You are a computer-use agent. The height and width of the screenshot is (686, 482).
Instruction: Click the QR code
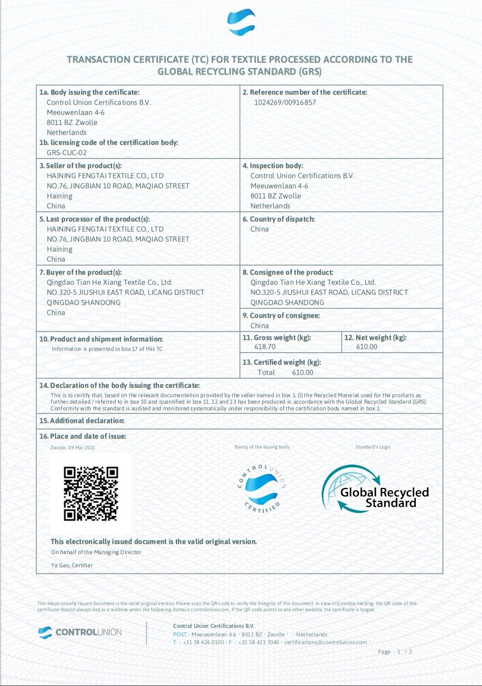click(x=91, y=493)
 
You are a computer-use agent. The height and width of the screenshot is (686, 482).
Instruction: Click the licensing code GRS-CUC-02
click(x=67, y=152)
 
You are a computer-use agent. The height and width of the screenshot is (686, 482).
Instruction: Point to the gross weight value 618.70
click(x=265, y=347)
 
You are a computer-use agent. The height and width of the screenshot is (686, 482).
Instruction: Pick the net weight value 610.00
click(x=366, y=347)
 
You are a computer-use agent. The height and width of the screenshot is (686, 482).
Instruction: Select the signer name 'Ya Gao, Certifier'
click(x=72, y=565)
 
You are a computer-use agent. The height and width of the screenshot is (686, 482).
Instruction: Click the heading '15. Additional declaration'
click(x=82, y=421)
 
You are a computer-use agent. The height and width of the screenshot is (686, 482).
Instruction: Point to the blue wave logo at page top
click(x=242, y=23)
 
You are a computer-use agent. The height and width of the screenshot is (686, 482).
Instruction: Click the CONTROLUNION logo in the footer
click(x=80, y=632)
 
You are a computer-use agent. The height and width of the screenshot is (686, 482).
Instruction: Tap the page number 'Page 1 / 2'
click(x=395, y=652)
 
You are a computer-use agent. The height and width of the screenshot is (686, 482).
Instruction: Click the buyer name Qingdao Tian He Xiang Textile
click(x=110, y=282)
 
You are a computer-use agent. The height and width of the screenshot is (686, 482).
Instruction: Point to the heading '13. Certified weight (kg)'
click(x=282, y=362)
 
